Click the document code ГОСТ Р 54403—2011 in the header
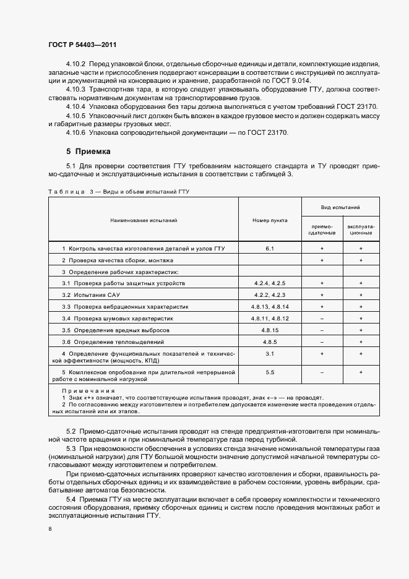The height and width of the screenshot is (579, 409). (82, 45)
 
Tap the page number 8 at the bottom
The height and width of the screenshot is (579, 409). (50, 530)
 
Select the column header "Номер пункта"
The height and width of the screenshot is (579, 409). (270, 220)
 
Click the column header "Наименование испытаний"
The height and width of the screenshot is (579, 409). (144, 220)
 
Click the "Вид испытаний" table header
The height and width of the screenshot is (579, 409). (341, 208)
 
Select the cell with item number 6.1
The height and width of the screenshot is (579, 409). (270, 248)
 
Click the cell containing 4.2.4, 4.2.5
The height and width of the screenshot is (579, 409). (270, 283)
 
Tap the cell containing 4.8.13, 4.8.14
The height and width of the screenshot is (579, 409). (270, 306)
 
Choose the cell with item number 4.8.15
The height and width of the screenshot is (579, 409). (270, 330)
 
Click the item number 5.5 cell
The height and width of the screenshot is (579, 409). (270, 372)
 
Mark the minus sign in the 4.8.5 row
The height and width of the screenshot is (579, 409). (322, 341)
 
